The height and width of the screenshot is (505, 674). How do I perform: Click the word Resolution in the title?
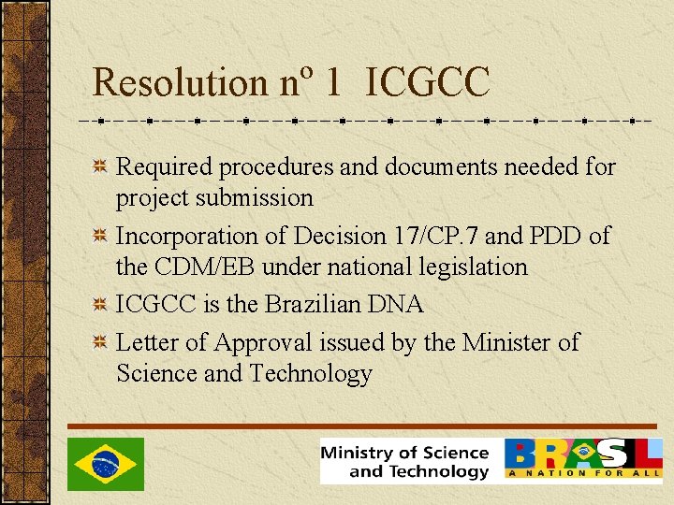pyautogui.click(x=179, y=83)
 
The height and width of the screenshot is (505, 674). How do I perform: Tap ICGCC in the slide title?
pyautogui.click(x=429, y=83)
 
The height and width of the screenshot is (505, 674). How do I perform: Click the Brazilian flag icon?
pyautogui.click(x=106, y=464)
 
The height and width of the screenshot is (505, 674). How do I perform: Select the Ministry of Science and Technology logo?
pyautogui.click(x=405, y=461)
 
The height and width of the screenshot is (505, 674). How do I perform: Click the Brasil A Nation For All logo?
pyautogui.click(x=583, y=459)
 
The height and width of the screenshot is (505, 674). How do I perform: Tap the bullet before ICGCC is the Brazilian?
pyautogui.click(x=98, y=305)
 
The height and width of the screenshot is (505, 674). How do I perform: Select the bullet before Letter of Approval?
pyautogui.click(x=98, y=343)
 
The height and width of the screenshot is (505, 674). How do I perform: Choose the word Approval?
pyautogui.click(x=268, y=343)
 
